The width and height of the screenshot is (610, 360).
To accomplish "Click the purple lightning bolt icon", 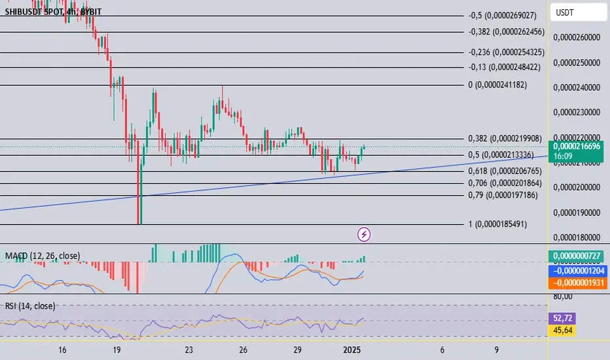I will tap(365, 233).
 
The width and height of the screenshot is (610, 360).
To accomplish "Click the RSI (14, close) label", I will tap(30, 305).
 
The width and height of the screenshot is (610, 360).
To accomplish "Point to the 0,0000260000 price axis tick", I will tap(577, 38).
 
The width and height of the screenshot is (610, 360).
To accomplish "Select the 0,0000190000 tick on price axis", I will tap(577, 213).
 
